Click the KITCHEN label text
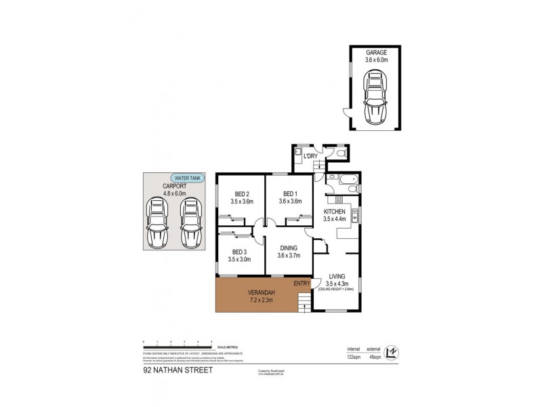(335, 212)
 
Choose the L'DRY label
(310, 157)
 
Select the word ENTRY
(301, 283)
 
